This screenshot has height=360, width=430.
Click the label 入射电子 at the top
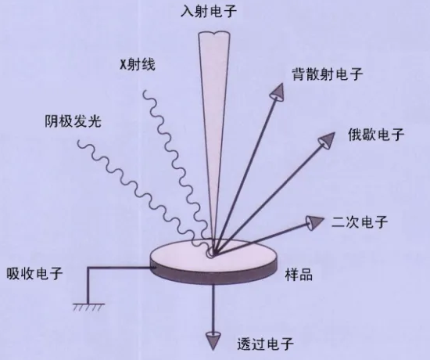209,12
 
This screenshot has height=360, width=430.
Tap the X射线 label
138,64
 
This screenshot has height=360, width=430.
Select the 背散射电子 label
328,74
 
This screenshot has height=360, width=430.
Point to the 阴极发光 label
73,121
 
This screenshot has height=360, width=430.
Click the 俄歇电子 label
376,135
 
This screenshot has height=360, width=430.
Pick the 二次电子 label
360,222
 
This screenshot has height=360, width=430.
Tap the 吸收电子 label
35,273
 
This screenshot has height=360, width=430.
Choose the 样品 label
299,274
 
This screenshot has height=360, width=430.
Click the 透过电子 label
266,344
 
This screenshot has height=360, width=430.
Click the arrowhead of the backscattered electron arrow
278,92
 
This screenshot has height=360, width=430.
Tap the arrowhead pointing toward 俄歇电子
326,140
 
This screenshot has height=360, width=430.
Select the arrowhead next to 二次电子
315,223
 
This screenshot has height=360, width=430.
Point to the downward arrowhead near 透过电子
213,340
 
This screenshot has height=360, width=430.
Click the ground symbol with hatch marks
88,307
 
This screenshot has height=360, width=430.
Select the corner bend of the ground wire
88,268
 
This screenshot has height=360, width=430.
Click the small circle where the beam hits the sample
210,254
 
